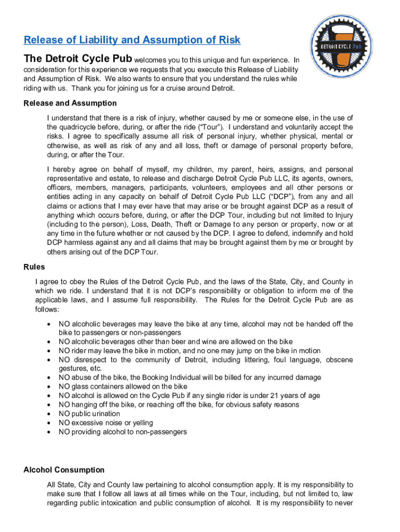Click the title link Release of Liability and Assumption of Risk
pos(132,40)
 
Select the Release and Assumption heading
pos(70,103)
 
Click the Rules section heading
pos(34,267)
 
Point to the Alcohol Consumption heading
pos(64,470)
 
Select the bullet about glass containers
pos(123,387)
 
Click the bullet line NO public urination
pos(89,414)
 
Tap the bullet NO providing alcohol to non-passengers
pos(123,432)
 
